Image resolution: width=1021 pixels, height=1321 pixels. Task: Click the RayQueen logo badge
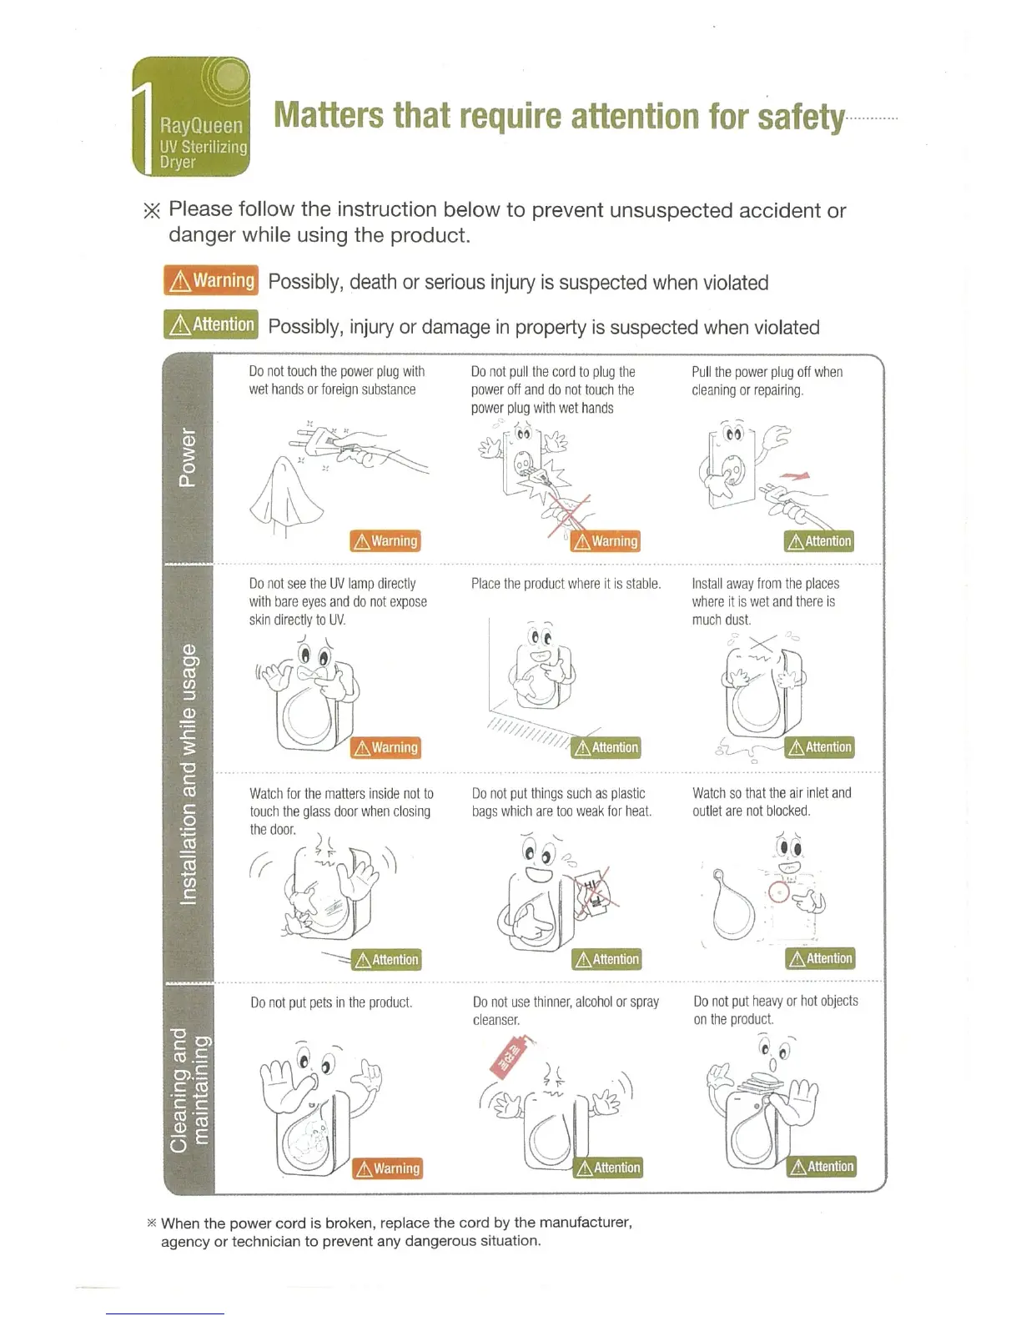pos(192,117)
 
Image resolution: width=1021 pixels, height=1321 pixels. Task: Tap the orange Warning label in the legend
pos(211,281)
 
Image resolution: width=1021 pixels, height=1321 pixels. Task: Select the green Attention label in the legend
pos(211,324)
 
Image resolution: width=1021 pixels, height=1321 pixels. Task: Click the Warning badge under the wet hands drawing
pos(385,541)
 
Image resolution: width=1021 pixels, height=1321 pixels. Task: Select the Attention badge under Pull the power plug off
pos(819,541)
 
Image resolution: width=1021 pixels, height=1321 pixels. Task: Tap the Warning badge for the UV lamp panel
pos(385,747)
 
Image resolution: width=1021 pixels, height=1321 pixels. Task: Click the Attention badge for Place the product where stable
pos(606,747)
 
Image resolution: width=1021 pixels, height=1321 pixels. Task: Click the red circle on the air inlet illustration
pos(778,892)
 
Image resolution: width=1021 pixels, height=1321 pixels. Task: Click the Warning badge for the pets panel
pos(387,1168)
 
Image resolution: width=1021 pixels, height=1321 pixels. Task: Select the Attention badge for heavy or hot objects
pos(822,1167)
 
